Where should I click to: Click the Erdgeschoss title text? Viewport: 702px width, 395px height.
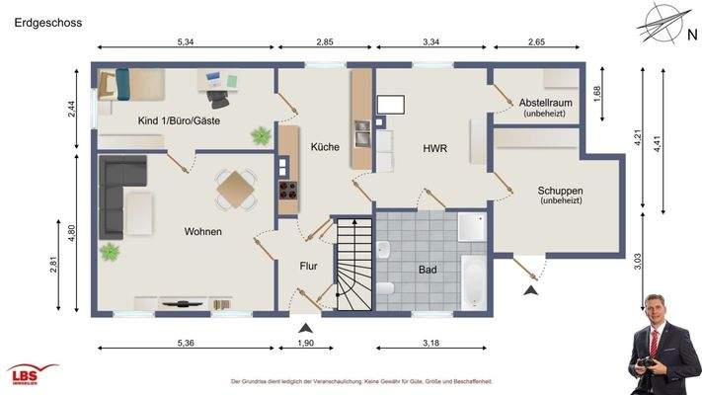click(x=48, y=20)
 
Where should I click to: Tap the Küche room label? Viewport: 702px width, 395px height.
click(x=325, y=146)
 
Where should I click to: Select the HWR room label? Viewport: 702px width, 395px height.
click(x=434, y=149)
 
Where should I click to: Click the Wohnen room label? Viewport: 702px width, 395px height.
click(x=202, y=232)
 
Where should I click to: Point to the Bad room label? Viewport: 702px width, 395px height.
click(x=428, y=269)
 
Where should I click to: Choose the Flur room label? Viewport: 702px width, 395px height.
click(x=309, y=266)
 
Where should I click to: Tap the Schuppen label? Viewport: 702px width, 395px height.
click(x=560, y=192)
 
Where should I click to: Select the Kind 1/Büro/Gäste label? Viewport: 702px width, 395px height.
click(x=179, y=121)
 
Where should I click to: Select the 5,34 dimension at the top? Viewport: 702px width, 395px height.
click(x=185, y=43)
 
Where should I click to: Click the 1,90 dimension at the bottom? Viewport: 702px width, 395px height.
click(x=306, y=345)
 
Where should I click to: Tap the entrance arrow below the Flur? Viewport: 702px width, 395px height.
click(x=306, y=327)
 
